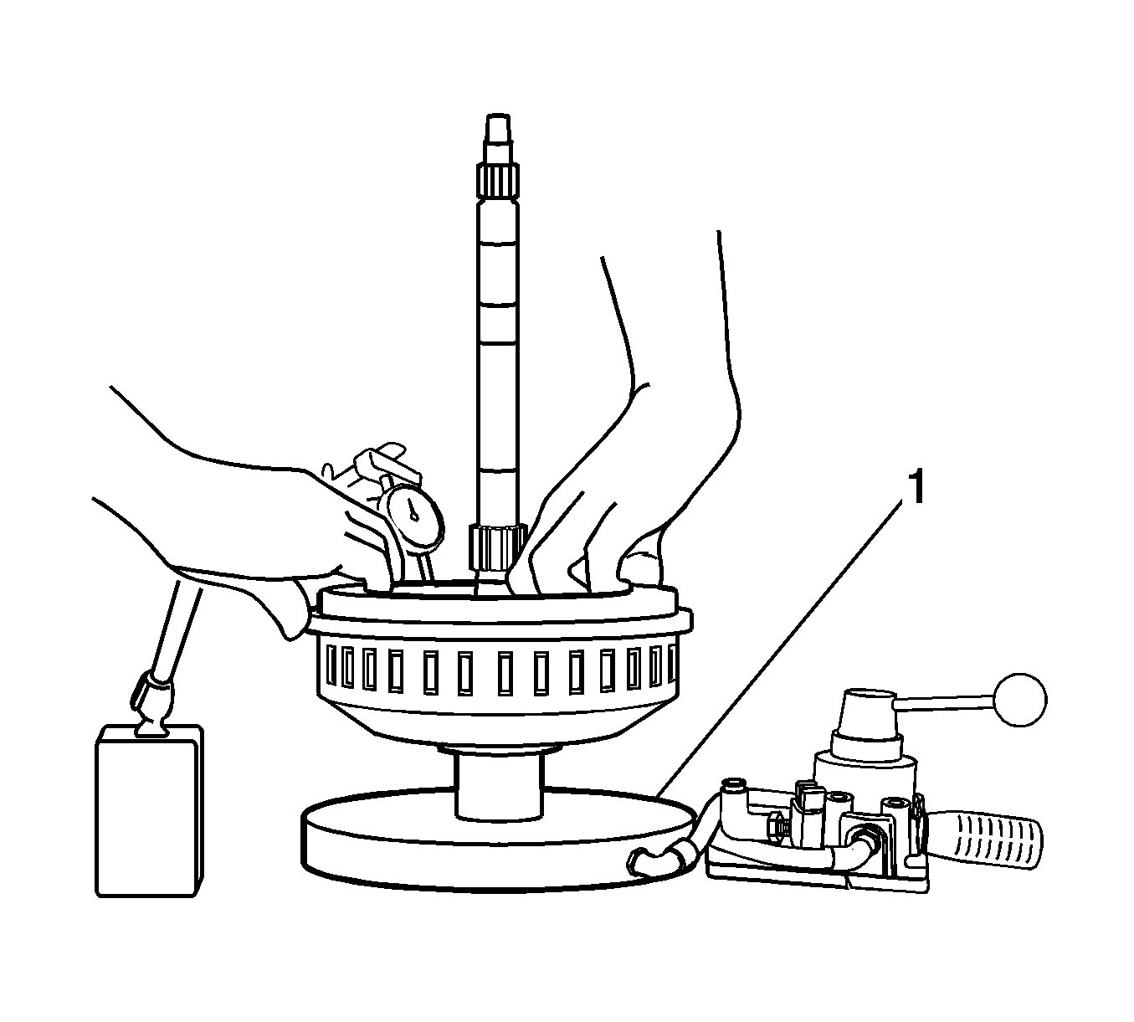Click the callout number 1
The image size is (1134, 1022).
[916, 487]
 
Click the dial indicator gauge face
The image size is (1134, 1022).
[417, 517]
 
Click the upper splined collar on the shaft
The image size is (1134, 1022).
[497, 181]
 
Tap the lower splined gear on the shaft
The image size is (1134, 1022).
[496, 548]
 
